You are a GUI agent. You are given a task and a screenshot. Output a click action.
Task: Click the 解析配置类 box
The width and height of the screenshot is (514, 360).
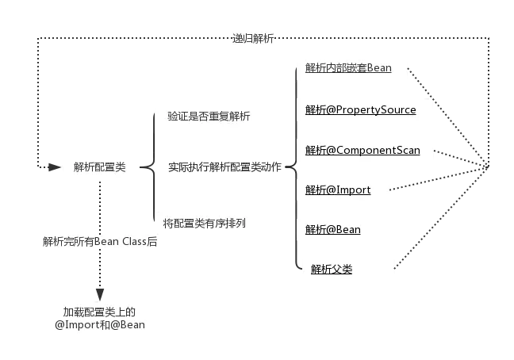coord(98,167)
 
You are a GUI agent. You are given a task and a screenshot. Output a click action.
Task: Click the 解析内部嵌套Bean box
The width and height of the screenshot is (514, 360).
coord(352,68)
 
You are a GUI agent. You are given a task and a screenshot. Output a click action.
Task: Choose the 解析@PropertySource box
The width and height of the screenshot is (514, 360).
coord(366,110)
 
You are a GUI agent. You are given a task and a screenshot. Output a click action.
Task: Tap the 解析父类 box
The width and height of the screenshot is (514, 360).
coord(348,270)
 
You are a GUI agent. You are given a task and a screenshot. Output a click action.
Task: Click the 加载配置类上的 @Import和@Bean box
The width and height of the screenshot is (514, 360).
coord(99,319)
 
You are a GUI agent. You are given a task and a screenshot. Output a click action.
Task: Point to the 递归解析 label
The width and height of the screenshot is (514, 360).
coord(254,38)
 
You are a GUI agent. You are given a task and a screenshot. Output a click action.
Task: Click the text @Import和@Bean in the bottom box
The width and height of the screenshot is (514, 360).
coord(99,325)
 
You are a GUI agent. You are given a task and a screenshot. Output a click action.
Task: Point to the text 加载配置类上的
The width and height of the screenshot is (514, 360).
coord(99,312)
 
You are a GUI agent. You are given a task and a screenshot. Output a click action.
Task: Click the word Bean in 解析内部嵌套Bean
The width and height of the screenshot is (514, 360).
coord(379,68)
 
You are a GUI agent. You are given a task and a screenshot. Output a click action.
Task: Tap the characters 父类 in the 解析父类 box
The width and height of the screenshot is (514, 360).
coord(342,270)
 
